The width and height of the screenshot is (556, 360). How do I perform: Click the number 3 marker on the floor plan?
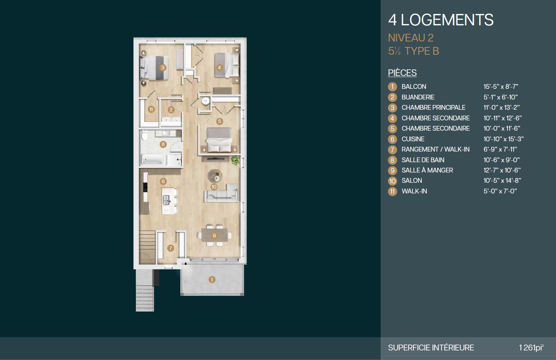(163, 68)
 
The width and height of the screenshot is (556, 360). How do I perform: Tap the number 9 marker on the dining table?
(214, 236)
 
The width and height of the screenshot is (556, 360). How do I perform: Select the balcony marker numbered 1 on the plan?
(212, 280)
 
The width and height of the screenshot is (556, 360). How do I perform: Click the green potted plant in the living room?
(235, 160)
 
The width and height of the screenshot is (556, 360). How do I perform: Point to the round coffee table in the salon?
(215, 176)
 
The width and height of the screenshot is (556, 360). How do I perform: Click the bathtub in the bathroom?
(152, 159)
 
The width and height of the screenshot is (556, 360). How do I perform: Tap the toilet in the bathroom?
(144, 135)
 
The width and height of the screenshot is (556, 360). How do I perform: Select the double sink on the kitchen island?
(166, 200)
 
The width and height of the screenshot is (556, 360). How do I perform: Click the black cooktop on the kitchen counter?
(145, 187)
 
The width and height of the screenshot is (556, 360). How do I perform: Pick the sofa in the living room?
(221, 193)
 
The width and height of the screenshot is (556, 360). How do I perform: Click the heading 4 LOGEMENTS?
(441, 20)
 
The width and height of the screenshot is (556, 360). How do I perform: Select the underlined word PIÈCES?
(402, 73)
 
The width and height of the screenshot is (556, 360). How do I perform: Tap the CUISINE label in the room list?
(413, 139)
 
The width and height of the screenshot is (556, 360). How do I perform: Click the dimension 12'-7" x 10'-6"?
(502, 170)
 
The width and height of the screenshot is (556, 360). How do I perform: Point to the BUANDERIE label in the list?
(418, 97)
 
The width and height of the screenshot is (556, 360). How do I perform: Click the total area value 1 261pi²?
(531, 348)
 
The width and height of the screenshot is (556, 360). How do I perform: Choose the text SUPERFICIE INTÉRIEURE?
(431, 348)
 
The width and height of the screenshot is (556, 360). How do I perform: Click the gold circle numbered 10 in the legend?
(392, 181)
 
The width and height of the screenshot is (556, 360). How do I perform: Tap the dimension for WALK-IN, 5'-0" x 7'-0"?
(500, 191)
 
